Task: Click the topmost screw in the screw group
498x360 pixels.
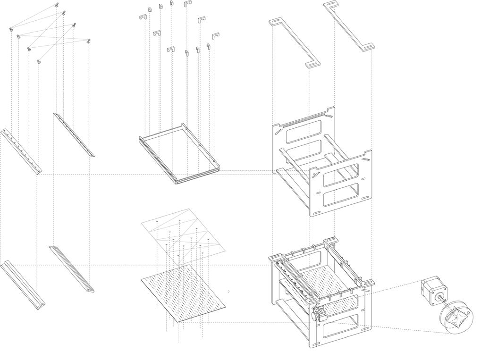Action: (x=57, y=5)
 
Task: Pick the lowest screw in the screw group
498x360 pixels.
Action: (x=39, y=60)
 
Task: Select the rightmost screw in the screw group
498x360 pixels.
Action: (x=88, y=42)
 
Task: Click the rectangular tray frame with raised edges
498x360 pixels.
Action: (x=179, y=155)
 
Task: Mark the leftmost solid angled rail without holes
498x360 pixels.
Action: (x=23, y=285)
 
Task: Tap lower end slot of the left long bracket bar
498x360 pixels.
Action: (x=312, y=64)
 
